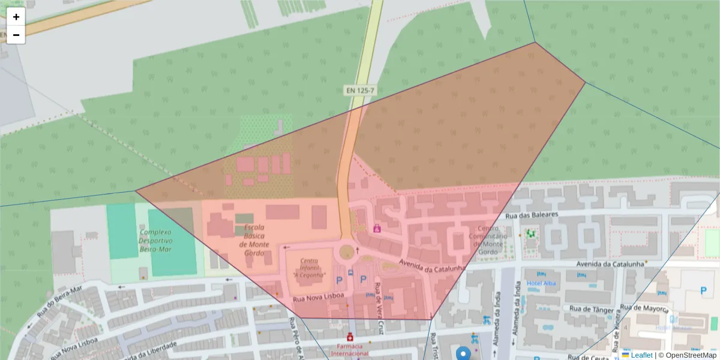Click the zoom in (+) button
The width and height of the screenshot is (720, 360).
(16, 17)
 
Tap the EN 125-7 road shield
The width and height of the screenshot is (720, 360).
(360, 91)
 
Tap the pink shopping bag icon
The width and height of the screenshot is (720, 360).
(377, 228)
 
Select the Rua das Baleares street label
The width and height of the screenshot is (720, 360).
(532, 214)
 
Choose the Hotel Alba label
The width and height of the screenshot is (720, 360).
(541, 283)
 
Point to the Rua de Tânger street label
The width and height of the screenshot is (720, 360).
(592, 310)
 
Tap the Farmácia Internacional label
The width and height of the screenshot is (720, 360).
(350, 349)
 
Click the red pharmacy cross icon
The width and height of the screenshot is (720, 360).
(350, 338)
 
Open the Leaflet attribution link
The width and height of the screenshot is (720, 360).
(641, 355)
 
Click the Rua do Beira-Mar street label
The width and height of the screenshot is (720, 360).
(58, 301)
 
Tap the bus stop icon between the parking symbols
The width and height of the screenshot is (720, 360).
(351, 272)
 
